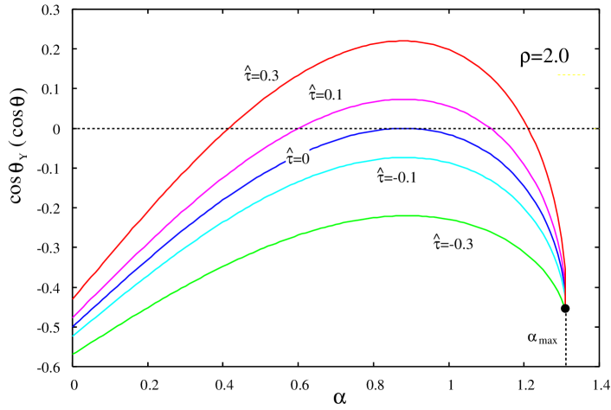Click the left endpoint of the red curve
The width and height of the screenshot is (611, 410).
(74, 298)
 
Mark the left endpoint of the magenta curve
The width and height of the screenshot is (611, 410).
(74, 317)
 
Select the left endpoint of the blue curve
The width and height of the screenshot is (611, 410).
(74, 325)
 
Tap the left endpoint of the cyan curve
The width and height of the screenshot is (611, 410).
(74, 335)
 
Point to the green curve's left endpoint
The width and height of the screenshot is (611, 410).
(74, 353)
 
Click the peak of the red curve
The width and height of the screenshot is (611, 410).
(403, 41)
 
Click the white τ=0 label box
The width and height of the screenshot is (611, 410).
(298, 158)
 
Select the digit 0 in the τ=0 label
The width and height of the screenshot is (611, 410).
(305, 159)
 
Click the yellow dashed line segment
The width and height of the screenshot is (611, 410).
(571, 75)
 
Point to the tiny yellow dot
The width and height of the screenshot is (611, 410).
(595, 129)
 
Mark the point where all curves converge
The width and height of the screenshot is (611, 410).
(564, 301)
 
